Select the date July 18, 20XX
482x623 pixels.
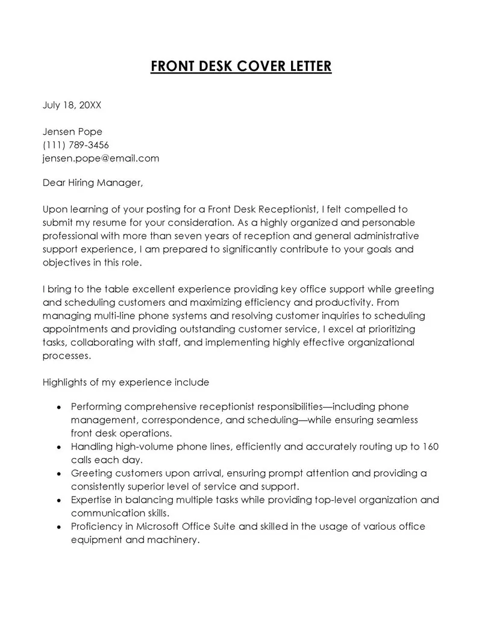coord(72,105)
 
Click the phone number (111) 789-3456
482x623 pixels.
coord(76,145)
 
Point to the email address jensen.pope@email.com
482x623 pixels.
coord(101,158)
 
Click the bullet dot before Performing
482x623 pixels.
coord(58,408)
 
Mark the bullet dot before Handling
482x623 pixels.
coord(58,448)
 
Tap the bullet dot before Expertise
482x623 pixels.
coord(58,501)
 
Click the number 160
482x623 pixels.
coord(431,447)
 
